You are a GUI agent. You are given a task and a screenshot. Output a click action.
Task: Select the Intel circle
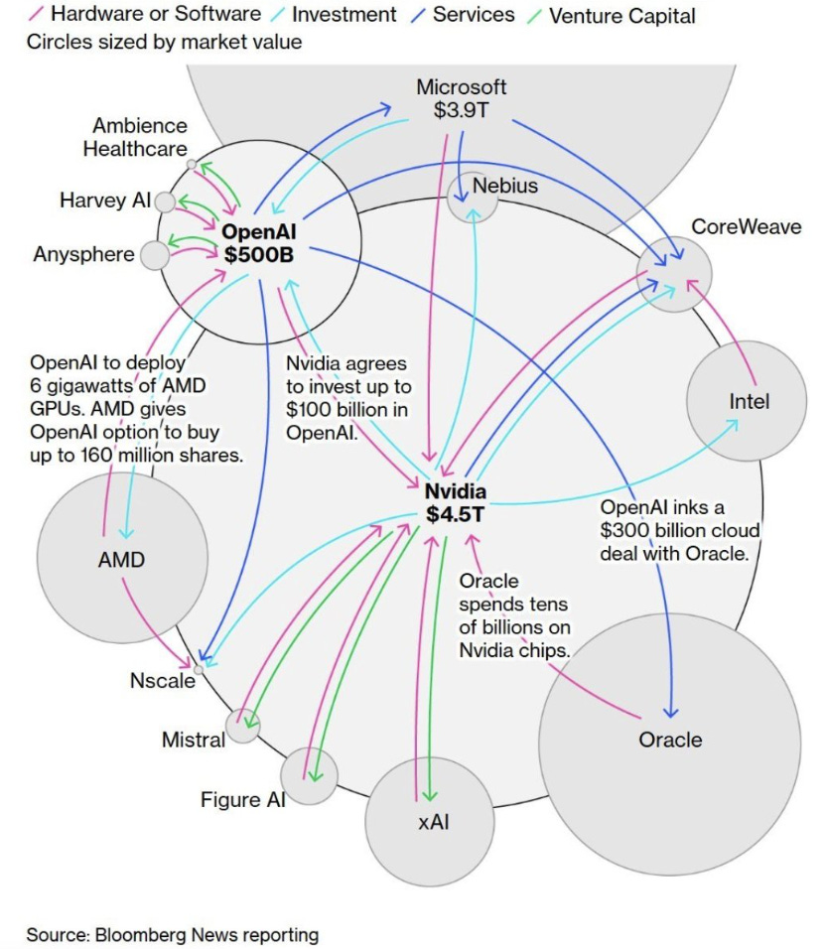coord(735,402)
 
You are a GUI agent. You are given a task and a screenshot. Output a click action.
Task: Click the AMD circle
coord(122,559)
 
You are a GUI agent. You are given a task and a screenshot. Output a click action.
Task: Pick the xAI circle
coord(429,822)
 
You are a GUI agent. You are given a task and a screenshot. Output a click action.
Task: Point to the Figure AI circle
coord(309,776)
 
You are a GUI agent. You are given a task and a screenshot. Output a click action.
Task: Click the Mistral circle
coord(242,726)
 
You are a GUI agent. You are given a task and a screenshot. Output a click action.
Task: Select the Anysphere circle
coord(155,255)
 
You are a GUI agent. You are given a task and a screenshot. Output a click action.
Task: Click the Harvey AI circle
coord(165,203)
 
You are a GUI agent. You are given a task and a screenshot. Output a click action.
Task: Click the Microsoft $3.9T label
coord(461,98)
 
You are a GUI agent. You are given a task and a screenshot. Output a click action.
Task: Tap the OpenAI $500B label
coord(260,242)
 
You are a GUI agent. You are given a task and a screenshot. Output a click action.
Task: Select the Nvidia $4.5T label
coord(456,502)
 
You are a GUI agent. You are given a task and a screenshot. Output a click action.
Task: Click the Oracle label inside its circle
coord(670,740)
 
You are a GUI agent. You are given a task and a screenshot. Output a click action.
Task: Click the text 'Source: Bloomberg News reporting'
coord(173,934)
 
